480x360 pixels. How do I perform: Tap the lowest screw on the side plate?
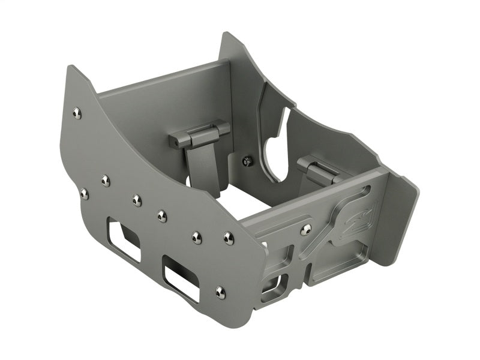(x=220, y=292)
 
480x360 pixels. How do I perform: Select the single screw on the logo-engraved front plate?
(x=307, y=229)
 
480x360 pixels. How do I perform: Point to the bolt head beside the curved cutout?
(x=247, y=161)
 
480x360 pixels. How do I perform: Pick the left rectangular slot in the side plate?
(x=124, y=240)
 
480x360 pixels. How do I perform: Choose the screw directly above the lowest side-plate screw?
(x=228, y=238)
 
